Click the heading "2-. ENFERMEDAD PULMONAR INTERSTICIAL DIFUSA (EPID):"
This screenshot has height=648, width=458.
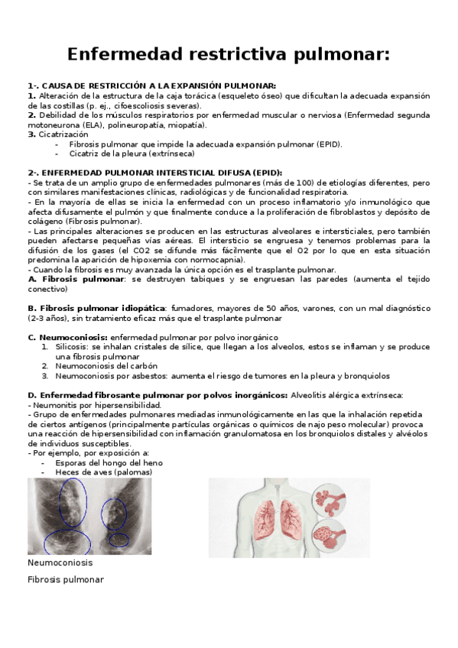[x=154, y=173]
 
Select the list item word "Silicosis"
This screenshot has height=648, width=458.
[x=72, y=346]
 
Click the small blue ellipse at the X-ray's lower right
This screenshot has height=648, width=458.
[x=118, y=539]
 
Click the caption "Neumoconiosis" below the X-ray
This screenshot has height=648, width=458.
[x=60, y=562]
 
